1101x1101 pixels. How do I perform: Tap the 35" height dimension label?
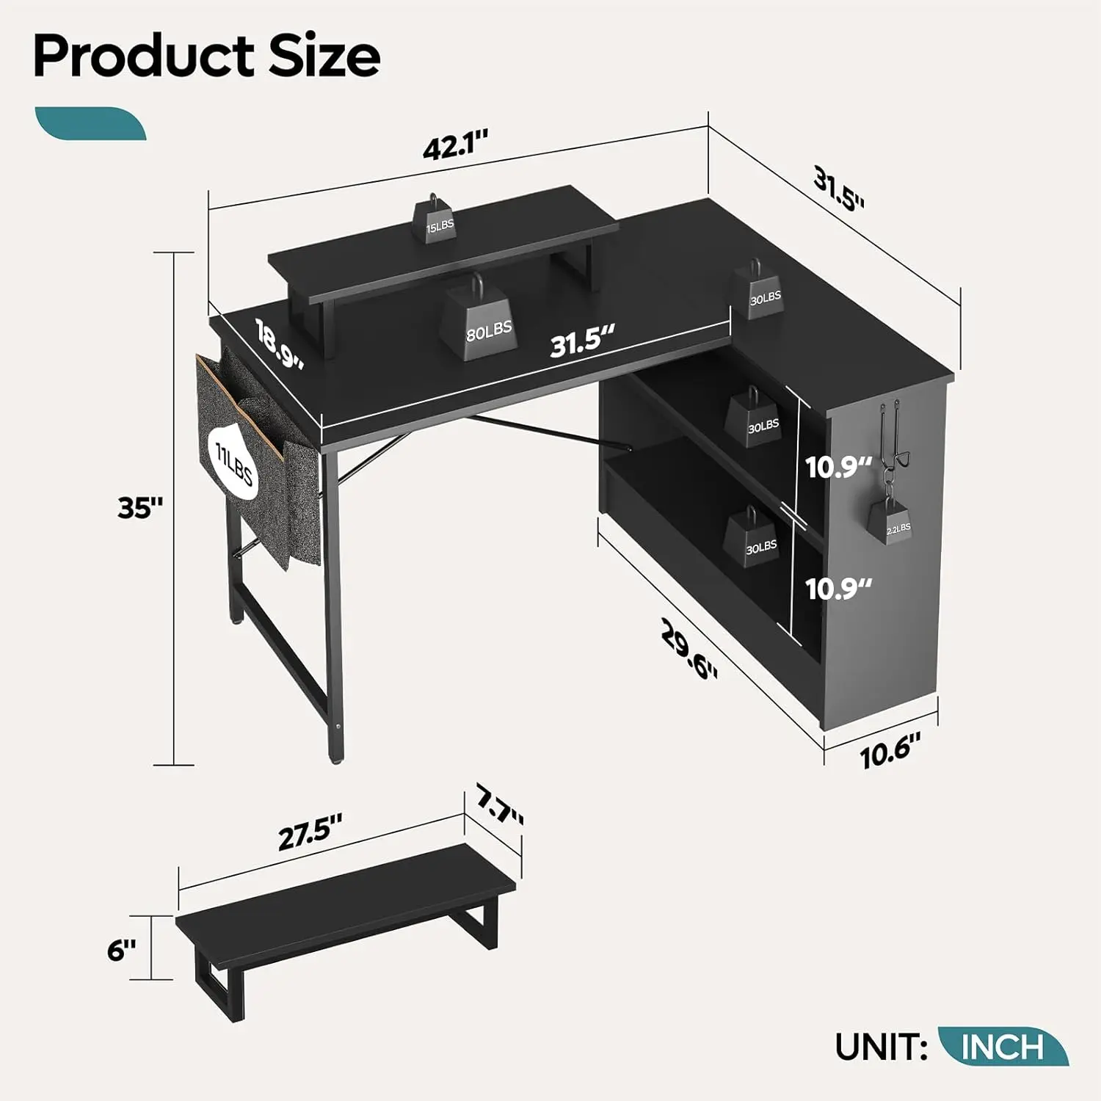pos(139,507)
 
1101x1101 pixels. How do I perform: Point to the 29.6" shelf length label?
pos(688,648)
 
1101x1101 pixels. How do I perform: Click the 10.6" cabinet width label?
pos(890,752)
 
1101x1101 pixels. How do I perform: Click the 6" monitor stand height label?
pos(122,950)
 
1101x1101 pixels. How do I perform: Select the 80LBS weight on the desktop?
pos(480,323)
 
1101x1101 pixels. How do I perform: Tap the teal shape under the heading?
pos(90,123)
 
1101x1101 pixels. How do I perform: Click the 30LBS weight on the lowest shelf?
pos(759,539)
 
